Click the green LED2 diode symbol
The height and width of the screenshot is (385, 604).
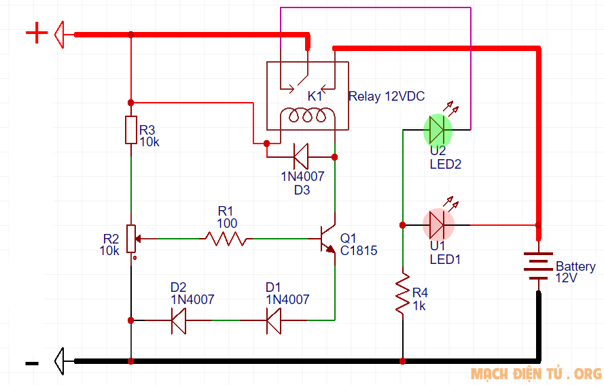pos(438,129)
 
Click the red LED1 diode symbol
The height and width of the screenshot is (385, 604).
pos(438,224)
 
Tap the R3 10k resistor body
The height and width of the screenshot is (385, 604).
pos(130,130)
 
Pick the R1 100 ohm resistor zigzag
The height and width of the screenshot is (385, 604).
pos(226,239)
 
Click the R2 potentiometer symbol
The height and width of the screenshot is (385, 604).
pos(131,239)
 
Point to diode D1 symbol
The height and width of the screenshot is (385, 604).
pos(274,320)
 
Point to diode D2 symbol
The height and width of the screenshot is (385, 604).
pos(179,320)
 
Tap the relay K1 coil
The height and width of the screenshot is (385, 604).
pos(308,116)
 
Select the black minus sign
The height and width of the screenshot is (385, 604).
pos(32,364)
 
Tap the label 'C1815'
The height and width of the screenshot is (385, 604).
pos(359,251)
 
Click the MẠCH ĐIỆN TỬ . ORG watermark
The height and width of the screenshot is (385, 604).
pos(536,374)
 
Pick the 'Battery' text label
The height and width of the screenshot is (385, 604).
pos(575,267)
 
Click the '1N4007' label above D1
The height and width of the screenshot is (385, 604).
pos(287,299)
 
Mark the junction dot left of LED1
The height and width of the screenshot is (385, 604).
pos(403,224)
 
